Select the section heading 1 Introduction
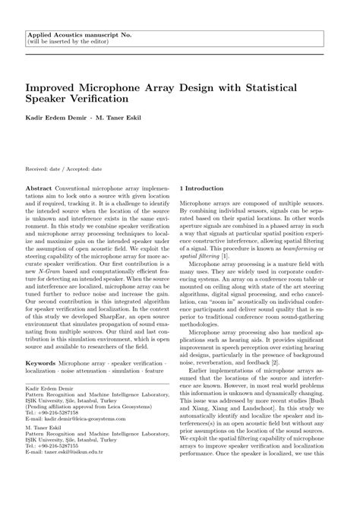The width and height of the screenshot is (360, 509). point(201,188)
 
